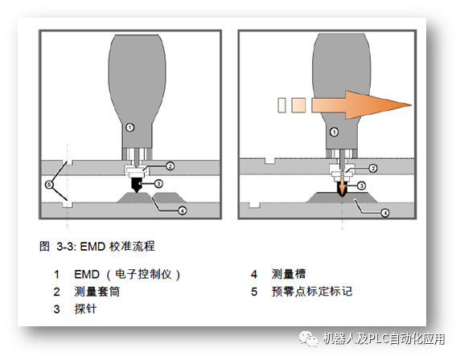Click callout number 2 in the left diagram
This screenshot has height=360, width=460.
click(x=170, y=166)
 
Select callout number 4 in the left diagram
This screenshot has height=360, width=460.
click(x=183, y=211)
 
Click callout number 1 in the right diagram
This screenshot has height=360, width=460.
click(x=334, y=126)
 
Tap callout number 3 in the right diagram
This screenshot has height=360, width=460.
click(x=363, y=186)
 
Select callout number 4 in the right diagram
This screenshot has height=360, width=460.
click(x=386, y=212)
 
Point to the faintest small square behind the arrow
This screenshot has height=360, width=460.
click(x=280, y=105)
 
